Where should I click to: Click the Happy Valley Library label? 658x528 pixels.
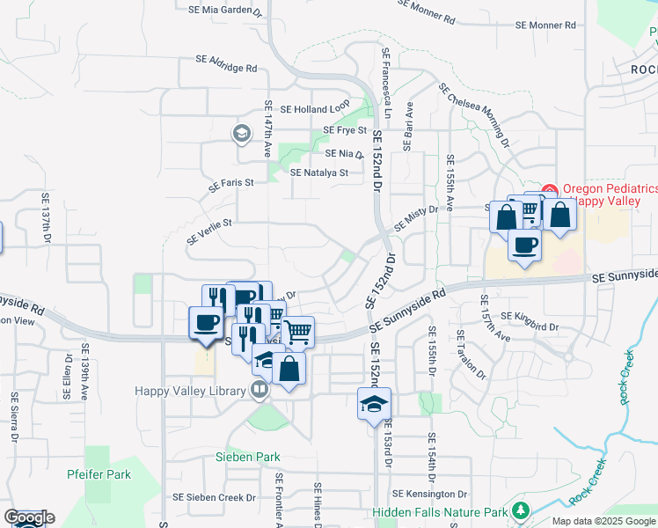(189, 391)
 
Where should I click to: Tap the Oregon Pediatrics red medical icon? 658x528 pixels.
(550, 189)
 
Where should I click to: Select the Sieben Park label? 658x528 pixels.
(248, 457)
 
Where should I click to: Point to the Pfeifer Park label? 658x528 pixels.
(99, 474)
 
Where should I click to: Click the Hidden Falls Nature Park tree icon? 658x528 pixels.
(520, 511)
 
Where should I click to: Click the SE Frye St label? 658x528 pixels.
(345, 130)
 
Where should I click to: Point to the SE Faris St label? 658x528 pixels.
(230, 185)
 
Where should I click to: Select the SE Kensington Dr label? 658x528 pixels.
(429, 494)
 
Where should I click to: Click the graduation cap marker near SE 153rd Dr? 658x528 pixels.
(374, 404)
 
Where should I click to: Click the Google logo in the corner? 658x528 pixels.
(29, 517)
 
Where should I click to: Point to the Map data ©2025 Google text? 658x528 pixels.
(603, 521)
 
